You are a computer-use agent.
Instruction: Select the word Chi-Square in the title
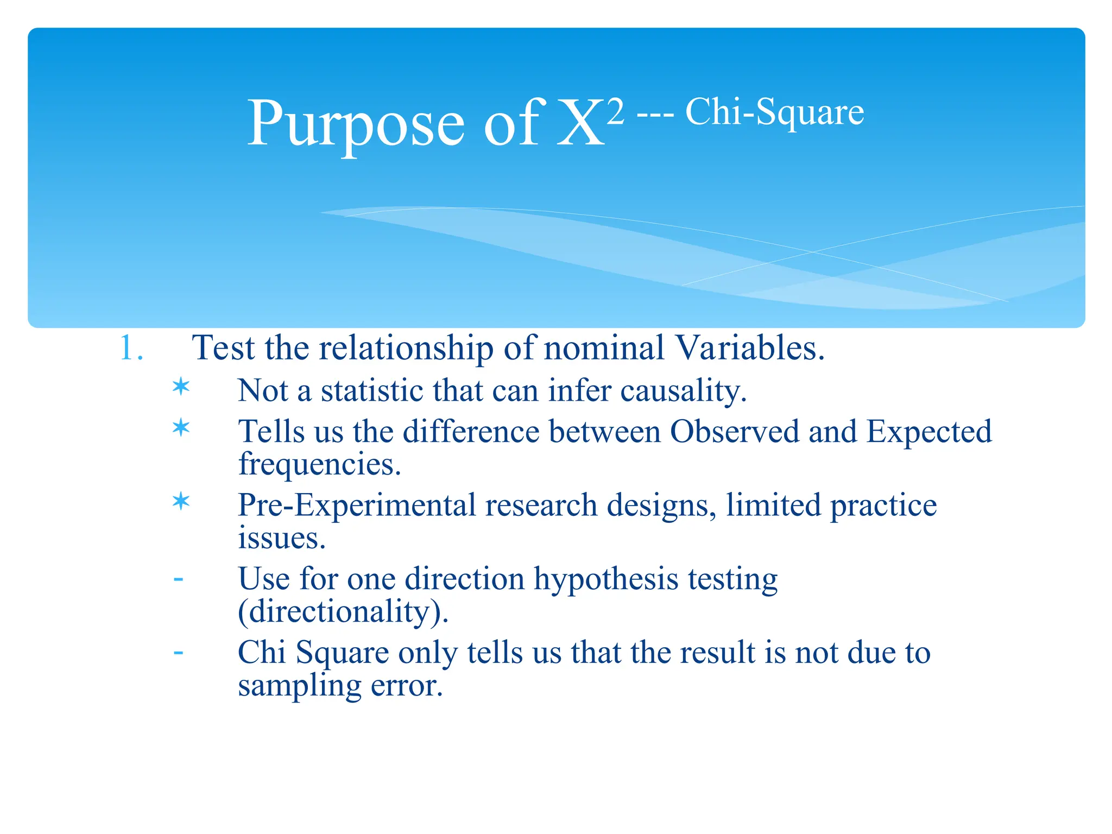point(774,112)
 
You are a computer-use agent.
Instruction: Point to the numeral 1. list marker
point(131,348)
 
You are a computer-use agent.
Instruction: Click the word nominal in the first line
point(604,348)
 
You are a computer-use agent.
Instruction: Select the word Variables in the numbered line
point(749,348)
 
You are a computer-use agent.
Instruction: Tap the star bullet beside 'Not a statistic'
point(181,387)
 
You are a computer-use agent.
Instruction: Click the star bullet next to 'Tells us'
point(181,428)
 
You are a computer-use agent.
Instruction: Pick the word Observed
point(734,432)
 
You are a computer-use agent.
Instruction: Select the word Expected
point(928,432)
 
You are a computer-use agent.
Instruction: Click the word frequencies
point(319,465)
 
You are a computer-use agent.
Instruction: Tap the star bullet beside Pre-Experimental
point(181,501)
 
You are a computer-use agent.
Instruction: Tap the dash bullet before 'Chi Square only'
point(178,652)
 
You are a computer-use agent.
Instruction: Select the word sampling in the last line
point(299,686)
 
